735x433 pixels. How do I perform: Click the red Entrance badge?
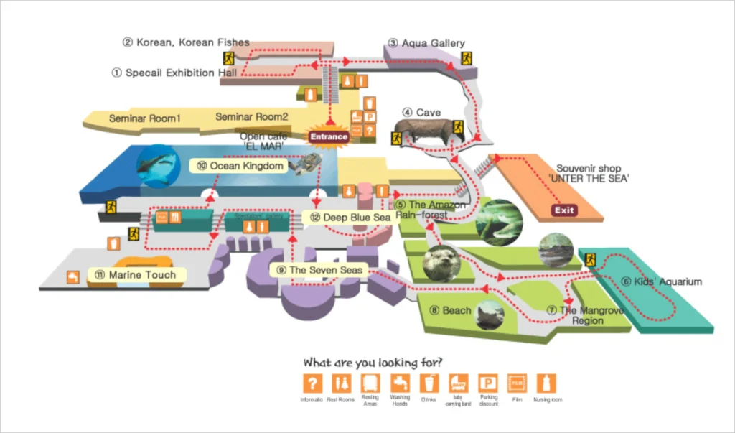(x=329, y=136)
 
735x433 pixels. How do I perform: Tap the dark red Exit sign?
(x=564, y=210)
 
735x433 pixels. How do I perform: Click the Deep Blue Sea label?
(x=350, y=217)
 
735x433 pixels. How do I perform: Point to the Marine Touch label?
(x=134, y=275)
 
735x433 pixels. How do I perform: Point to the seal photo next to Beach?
(x=490, y=314)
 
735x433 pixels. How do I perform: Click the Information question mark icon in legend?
(x=312, y=383)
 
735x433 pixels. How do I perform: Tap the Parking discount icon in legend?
(x=487, y=383)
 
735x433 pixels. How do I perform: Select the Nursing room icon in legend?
(x=546, y=383)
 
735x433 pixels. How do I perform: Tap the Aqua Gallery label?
(x=427, y=43)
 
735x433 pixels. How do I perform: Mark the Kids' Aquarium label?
(x=661, y=281)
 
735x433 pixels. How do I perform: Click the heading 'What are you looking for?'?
(x=373, y=362)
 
